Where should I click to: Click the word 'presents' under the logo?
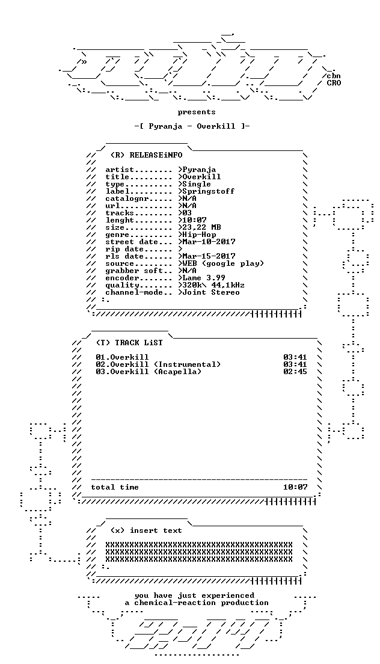[x=197, y=112]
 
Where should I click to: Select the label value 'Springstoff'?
[x=208, y=191]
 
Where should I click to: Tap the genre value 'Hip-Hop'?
[x=199, y=235]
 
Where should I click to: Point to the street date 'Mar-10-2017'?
[x=209, y=242]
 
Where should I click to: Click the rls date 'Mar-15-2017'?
[x=209, y=256]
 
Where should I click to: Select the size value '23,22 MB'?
[x=201, y=227]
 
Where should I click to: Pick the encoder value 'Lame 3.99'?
[x=204, y=278]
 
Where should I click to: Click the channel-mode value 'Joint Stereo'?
[x=210, y=292]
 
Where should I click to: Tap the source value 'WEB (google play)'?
[x=223, y=263]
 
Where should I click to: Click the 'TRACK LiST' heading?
[x=138, y=343]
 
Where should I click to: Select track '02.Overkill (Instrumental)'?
[x=158, y=364]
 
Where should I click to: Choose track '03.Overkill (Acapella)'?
[x=148, y=372]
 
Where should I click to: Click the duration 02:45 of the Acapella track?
[x=295, y=372]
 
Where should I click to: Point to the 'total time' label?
[x=115, y=487]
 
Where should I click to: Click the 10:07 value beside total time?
[x=295, y=487]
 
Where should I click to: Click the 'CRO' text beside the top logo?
[x=334, y=83]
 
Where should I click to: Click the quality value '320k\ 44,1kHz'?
[x=213, y=285]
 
